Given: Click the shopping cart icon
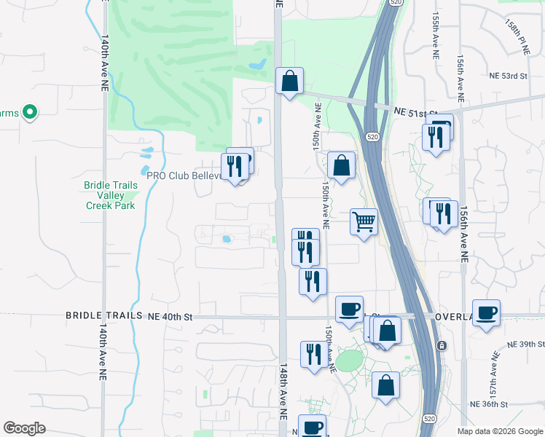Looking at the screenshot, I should (x=364, y=221).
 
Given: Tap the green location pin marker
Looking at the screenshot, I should (x=30, y=112).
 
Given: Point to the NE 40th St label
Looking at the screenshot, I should (x=170, y=317).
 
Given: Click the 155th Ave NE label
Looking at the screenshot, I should (x=435, y=34).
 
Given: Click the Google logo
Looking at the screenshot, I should (x=24, y=428).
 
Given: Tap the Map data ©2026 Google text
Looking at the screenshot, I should (x=499, y=431).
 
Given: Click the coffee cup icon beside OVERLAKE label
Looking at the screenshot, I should (x=486, y=313).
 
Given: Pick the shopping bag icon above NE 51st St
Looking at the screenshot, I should (x=289, y=81).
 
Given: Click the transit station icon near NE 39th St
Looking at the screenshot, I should (x=441, y=345).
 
